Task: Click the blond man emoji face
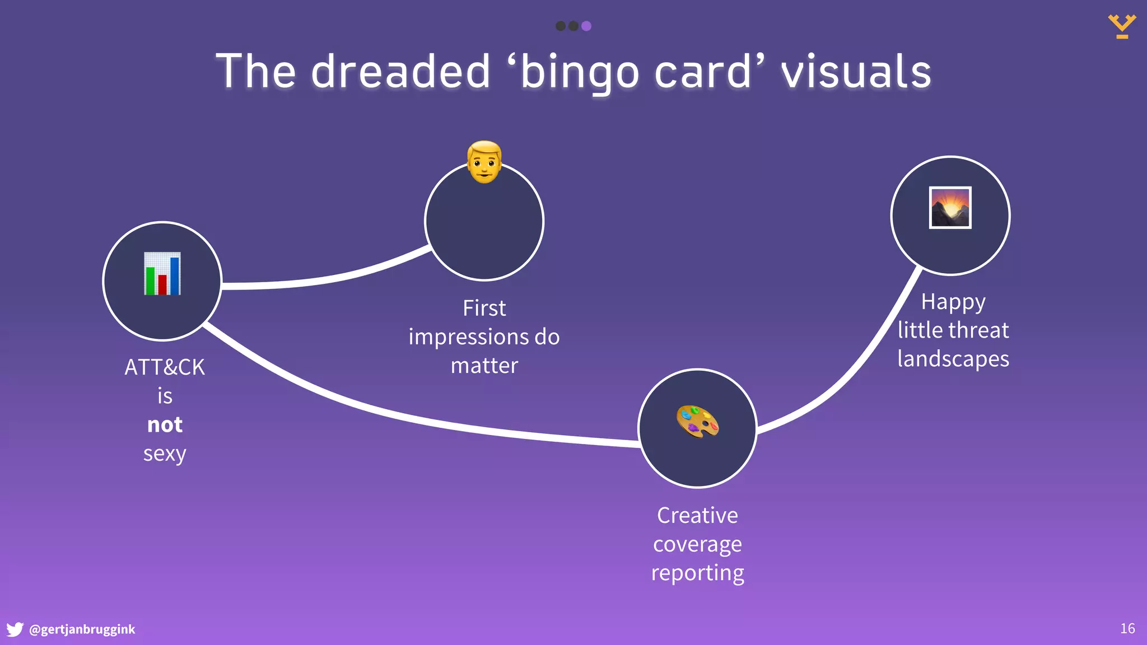[x=484, y=162]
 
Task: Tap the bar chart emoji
[x=162, y=274]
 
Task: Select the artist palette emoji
[x=697, y=422]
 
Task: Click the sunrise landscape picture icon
[x=950, y=208]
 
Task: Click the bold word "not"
[x=165, y=425]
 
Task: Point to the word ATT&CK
[x=165, y=367]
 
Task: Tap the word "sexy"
[x=165, y=454]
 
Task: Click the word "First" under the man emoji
[x=484, y=308]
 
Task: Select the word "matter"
[x=484, y=366]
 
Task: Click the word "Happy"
[x=953, y=302]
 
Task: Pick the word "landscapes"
[x=953, y=359]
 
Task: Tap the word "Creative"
[x=697, y=515]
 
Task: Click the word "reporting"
[x=697, y=573]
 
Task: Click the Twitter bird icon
[x=15, y=629]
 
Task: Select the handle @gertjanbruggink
[x=82, y=629]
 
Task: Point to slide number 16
[x=1127, y=629]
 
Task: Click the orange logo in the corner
[x=1122, y=26]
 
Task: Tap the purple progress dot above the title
[x=586, y=26]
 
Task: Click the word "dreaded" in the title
[x=400, y=72]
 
